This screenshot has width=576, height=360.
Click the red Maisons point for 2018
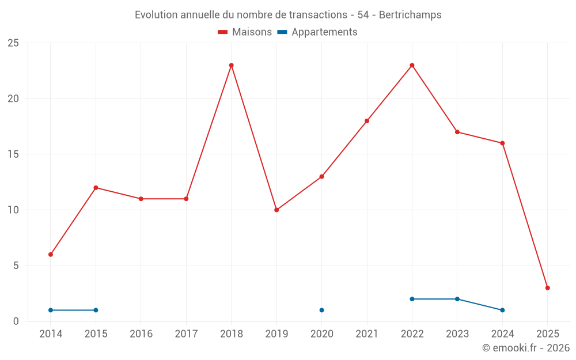click(232, 65)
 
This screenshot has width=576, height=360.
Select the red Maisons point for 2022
click(412, 65)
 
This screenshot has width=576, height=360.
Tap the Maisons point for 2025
click(547, 288)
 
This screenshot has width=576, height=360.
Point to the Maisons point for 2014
click(51, 255)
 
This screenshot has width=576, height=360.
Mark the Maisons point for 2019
click(276, 210)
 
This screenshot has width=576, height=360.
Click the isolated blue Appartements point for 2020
click(321, 310)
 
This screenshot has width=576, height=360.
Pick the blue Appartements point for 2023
click(457, 299)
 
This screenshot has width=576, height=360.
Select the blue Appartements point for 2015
click(96, 310)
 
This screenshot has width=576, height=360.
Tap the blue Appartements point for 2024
click(502, 310)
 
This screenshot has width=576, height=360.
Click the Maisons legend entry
click(245, 32)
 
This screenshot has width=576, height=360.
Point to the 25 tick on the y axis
click(13, 43)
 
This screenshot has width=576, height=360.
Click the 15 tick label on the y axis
click(13, 154)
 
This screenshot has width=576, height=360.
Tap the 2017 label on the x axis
click(186, 334)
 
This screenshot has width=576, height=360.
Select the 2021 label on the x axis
click(367, 334)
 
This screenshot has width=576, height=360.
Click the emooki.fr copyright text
click(525, 348)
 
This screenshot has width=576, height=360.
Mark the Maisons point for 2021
click(367, 121)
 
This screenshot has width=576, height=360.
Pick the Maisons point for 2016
click(141, 199)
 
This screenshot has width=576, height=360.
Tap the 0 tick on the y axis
click(16, 321)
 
